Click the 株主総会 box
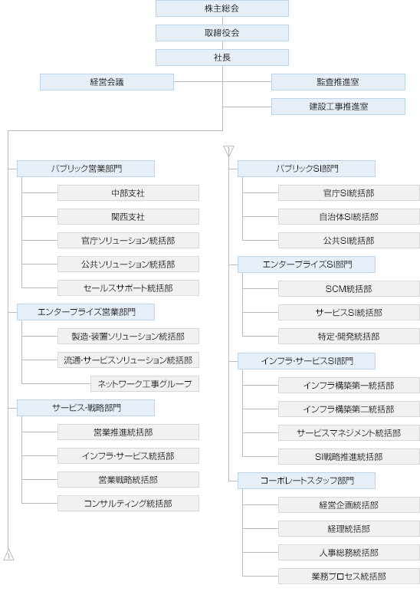click(221, 8)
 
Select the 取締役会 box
click(221, 33)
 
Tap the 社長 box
click(221, 58)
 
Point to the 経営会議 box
click(107, 82)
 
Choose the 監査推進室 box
click(338, 82)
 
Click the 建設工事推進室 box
click(338, 107)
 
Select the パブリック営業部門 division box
click(86, 169)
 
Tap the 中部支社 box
click(128, 193)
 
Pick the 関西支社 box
click(128, 217)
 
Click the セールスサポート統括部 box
click(128, 288)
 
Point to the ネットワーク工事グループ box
click(145, 383)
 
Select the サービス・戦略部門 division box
click(86, 408)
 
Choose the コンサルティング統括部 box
click(128, 504)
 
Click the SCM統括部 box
click(349, 289)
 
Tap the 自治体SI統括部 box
click(349, 217)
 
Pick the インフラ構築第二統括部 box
click(349, 409)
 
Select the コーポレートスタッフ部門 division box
click(307, 481)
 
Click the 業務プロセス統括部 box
click(349, 577)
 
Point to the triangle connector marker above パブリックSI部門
click(228, 150)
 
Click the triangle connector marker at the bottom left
click(8, 555)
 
